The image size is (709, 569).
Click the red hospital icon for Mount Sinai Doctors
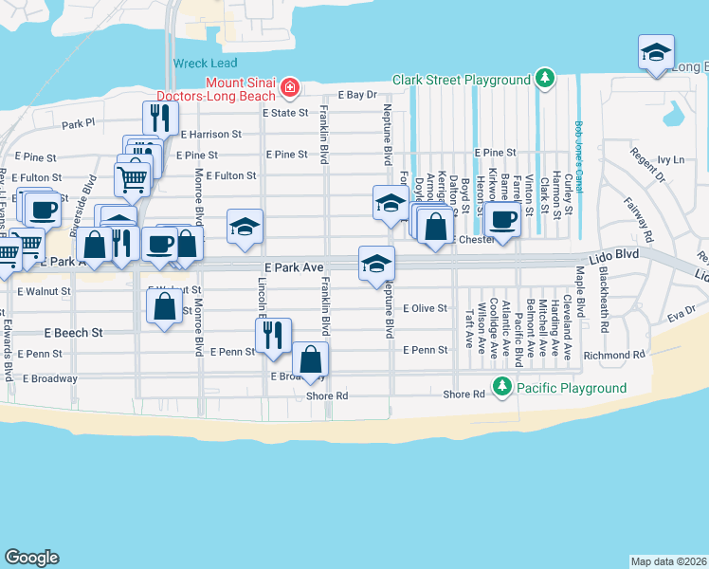(289, 90)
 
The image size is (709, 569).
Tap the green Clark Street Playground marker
(544, 79)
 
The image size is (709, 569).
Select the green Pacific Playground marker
(501, 387)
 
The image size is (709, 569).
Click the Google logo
(31, 558)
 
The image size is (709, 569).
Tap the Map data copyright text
(668, 560)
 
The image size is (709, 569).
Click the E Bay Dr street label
(357, 95)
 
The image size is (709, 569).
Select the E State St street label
(285, 112)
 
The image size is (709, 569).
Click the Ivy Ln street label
(670, 160)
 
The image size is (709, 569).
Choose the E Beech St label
(73, 333)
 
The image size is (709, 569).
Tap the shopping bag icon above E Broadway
(310, 359)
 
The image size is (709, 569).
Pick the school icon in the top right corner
(655, 53)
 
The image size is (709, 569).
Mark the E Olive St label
(424, 308)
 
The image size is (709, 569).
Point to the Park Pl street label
(79, 123)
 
